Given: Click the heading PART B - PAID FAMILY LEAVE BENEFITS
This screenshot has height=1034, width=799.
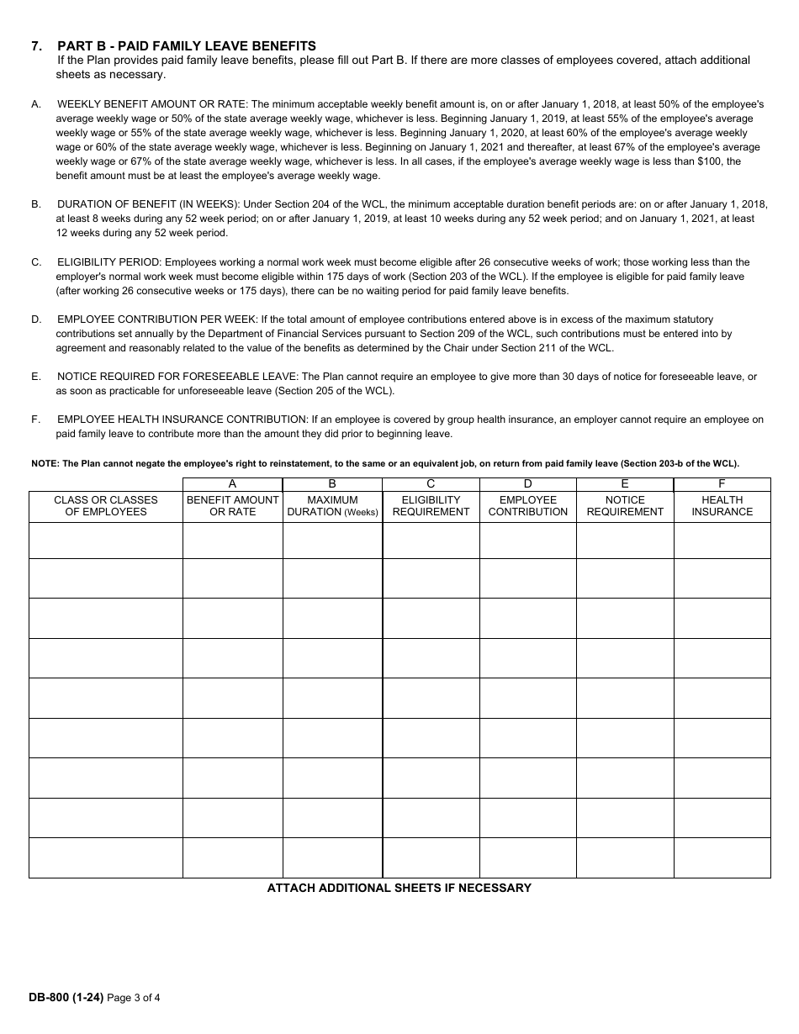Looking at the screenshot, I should pyautogui.click(x=187, y=46).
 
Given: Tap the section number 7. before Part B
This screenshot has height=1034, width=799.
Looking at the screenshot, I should pyautogui.click(x=36, y=46).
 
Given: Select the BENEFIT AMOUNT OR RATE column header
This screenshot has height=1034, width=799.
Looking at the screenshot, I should pyautogui.click(x=232, y=505).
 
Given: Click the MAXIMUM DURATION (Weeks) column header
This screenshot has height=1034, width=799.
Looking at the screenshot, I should pyautogui.click(x=332, y=505).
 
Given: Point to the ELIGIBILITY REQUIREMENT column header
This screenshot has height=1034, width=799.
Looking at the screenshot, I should pyautogui.click(x=431, y=505).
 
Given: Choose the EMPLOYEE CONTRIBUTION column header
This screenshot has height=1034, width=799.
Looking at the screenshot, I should pyautogui.click(x=527, y=505).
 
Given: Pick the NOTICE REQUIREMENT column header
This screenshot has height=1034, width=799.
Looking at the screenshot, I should pyautogui.click(x=625, y=505).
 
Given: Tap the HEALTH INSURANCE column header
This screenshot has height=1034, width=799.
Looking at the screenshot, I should pyautogui.click(x=722, y=505).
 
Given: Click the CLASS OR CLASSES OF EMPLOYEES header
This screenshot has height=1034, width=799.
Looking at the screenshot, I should pyautogui.click(x=106, y=505).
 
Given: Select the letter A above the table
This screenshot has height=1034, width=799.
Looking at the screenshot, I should pyautogui.click(x=232, y=484).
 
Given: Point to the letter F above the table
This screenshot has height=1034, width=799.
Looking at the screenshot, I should pyautogui.click(x=722, y=484).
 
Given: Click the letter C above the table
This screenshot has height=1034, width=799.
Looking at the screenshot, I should pyautogui.click(x=431, y=484).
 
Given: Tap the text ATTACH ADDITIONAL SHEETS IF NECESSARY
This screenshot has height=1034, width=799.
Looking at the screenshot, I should pyautogui.click(x=399, y=888).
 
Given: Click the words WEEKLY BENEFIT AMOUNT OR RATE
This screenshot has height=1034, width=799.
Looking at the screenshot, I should pyautogui.click(x=152, y=104).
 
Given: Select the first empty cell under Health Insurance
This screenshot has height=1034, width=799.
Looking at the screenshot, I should pyautogui.click(x=722, y=541).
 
